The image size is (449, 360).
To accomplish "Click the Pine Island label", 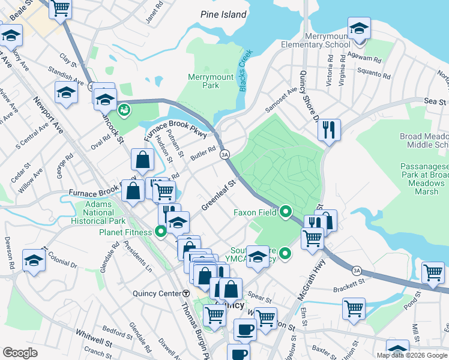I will [x=224, y=14].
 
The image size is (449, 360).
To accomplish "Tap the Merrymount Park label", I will [x=211, y=82].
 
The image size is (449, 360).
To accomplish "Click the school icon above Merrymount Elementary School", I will [x=359, y=29].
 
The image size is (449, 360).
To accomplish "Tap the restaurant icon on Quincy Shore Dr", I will [x=329, y=130].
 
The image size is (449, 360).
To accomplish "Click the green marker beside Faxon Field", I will [x=286, y=212].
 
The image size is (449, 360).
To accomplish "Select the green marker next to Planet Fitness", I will [x=160, y=231].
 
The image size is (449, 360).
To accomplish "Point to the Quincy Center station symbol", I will [x=186, y=293].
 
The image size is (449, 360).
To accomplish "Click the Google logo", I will [x=20, y=353].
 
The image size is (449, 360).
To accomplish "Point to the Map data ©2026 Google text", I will [x=411, y=355].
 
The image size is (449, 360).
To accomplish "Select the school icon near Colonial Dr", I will [x=34, y=260].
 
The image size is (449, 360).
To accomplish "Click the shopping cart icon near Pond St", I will [x=432, y=273].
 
